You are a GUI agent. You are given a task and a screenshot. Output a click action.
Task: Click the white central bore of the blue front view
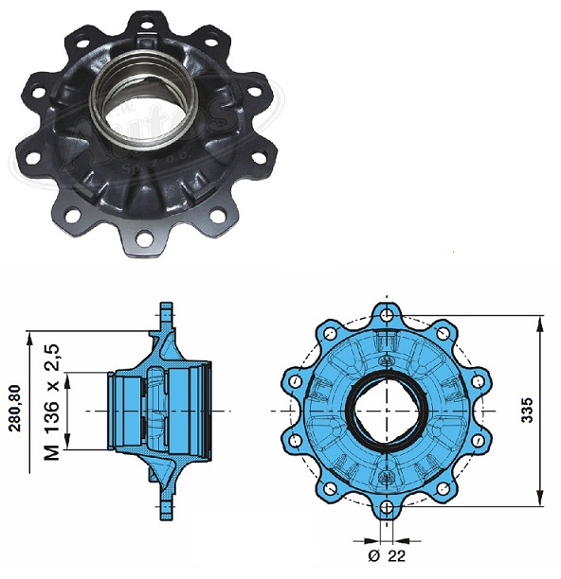pyautogui.click(x=386, y=412)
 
